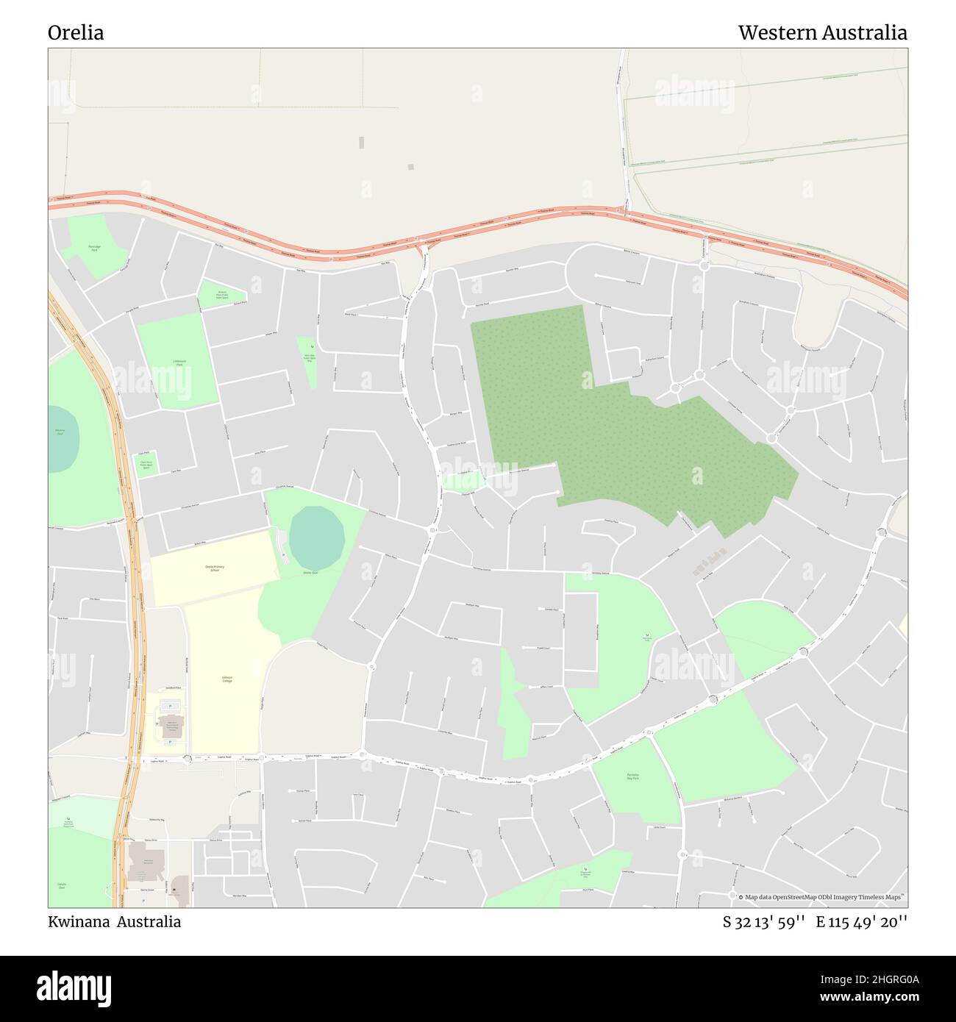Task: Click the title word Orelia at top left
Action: pyautogui.click(x=76, y=33)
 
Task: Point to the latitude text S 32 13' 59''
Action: pyautogui.click(x=764, y=922)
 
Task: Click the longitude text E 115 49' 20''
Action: pyautogui.click(x=861, y=922)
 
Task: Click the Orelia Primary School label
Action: pyautogui.click(x=215, y=568)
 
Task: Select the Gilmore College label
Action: pyautogui.click(x=227, y=679)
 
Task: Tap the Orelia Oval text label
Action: pyautogui.click(x=310, y=572)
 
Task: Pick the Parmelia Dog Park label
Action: pyautogui.click(x=632, y=776)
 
